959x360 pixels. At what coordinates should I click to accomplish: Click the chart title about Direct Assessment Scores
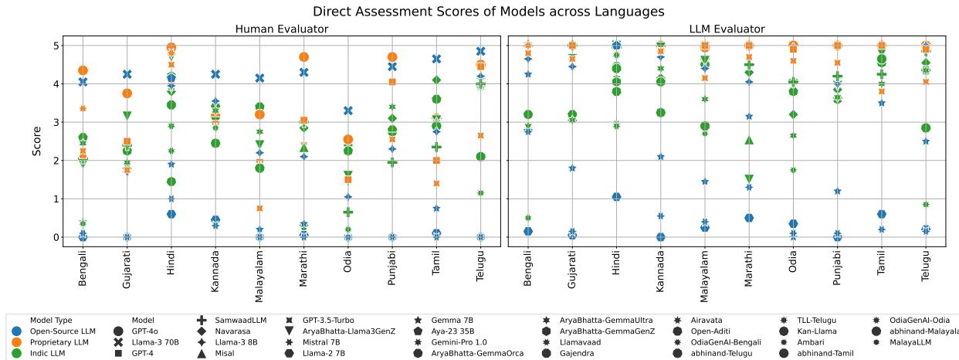[477, 12]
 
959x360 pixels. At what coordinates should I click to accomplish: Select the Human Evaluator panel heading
[281, 29]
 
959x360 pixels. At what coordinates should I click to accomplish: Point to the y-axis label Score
[37, 141]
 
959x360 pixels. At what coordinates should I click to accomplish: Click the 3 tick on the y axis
[56, 122]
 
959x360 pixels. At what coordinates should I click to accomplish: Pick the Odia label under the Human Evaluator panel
[348, 269]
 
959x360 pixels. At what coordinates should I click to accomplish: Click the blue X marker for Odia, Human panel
[348, 111]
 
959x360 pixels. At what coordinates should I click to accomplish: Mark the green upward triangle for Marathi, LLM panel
[749, 140]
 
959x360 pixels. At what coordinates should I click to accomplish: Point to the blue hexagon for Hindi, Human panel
[171, 214]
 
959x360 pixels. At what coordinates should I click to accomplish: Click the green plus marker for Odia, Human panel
[348, 212]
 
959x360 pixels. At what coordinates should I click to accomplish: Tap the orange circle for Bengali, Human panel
[83, 70]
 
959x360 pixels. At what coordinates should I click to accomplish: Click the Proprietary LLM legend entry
[59, 342]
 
